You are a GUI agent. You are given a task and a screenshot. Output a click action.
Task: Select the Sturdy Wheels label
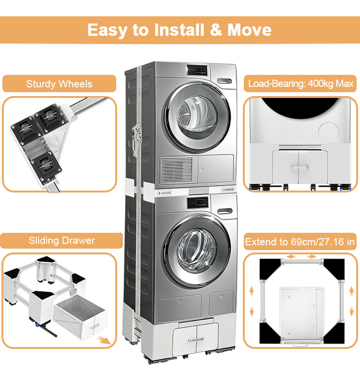click(59, 84)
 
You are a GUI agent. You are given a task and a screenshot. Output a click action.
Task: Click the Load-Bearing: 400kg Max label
click(301, 84)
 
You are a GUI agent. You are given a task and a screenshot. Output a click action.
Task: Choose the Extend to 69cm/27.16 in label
click(300, 242)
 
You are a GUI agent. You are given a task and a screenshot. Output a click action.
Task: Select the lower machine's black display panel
click(196, 202)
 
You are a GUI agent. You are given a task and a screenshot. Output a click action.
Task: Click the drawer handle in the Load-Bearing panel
click(300, 167)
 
